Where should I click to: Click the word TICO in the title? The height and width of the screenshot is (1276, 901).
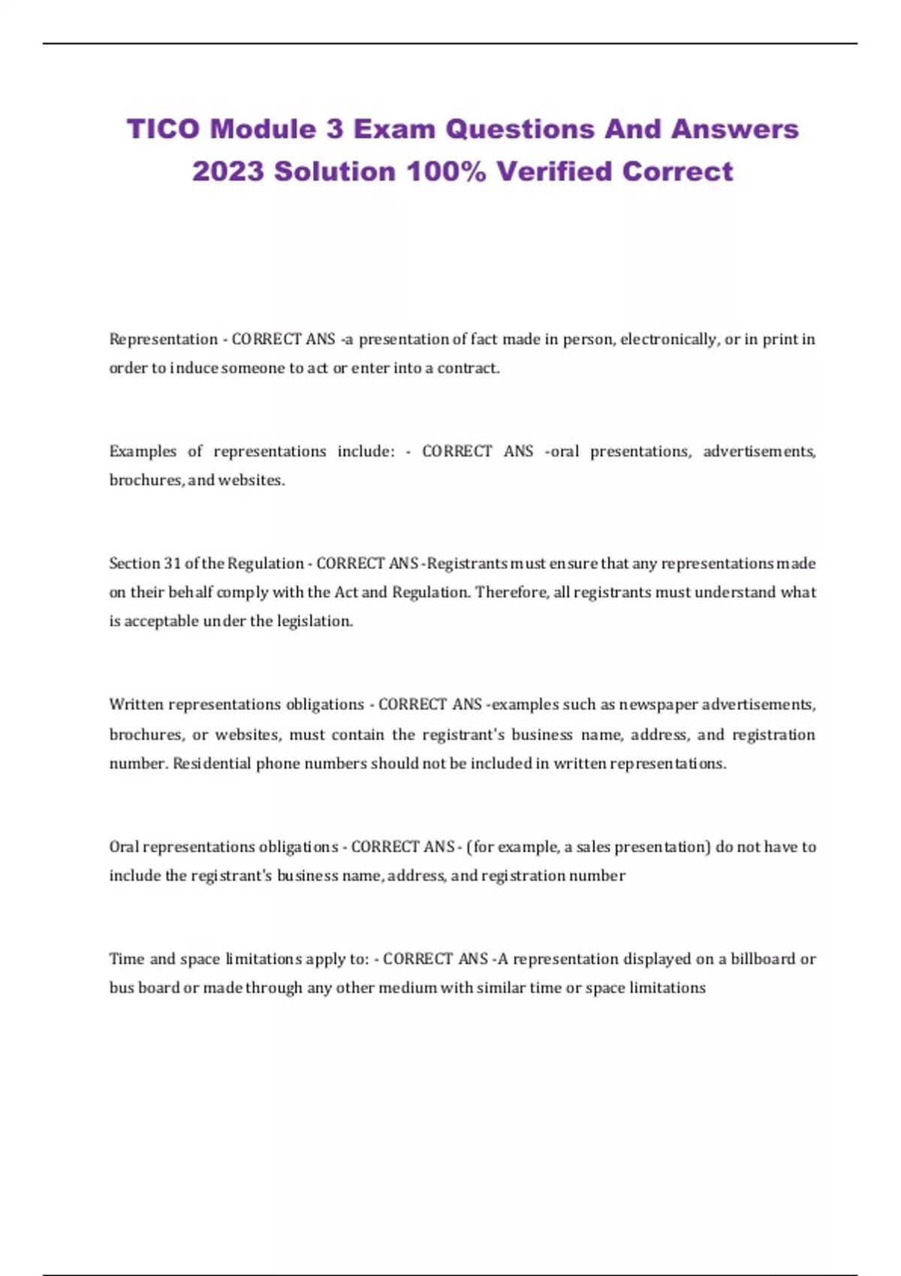click(x=163, y=129)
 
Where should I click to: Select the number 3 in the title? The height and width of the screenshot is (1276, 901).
click(x=334, y=129)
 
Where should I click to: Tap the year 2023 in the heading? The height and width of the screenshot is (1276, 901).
click(x=228, y=172)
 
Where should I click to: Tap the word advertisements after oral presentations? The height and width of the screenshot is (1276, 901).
click(x=759, y=451)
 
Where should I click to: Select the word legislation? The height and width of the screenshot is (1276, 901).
click(x=315, y=621)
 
